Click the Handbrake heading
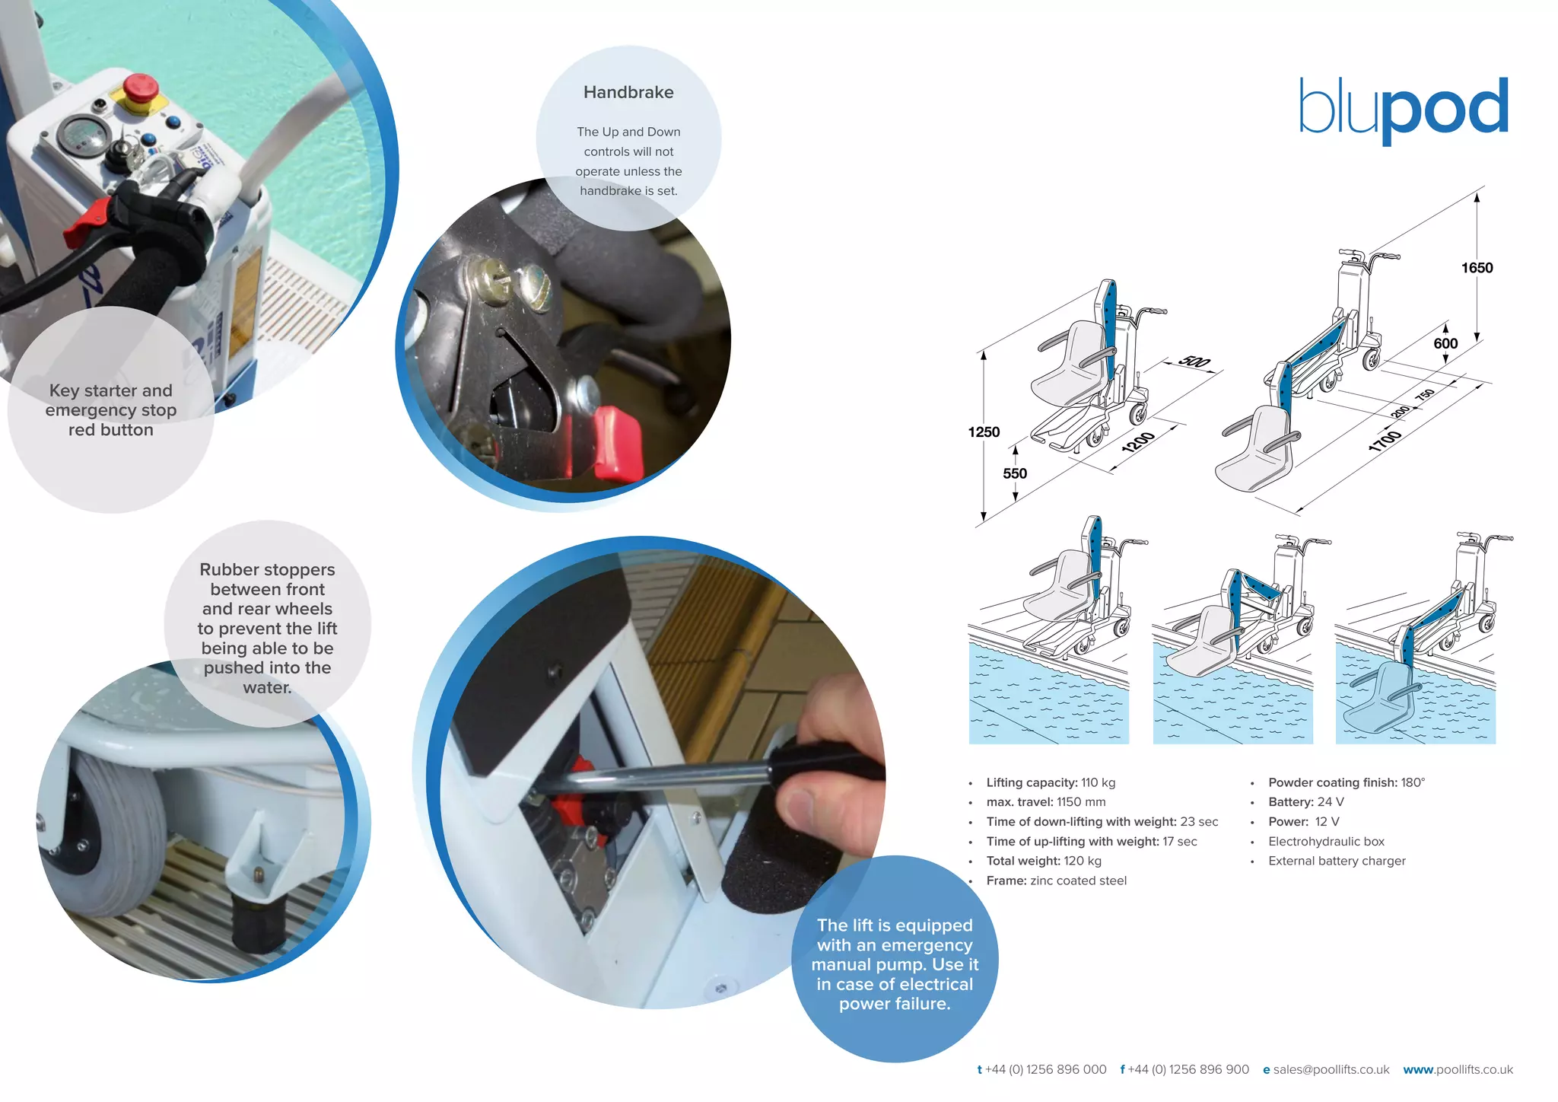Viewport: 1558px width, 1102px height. coord(628,93)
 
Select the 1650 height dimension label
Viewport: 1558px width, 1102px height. coord(1477,268)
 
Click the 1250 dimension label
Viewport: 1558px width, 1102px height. coord(984,432)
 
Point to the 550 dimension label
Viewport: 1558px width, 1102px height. coord(1015,473)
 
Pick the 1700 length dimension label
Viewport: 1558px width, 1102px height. coord(1385,441)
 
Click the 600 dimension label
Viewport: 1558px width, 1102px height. coord(1445,343)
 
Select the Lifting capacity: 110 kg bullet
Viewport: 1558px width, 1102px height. coord(1051,782)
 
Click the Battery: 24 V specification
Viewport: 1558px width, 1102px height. coord(1305,802)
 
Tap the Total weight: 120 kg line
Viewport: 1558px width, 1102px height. coord(1044,861)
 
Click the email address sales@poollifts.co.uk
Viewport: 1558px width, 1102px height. coord(1331,1069)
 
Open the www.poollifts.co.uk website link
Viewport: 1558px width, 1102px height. coord(1458,1069)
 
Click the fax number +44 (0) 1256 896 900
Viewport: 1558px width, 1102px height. coord(1188,1069)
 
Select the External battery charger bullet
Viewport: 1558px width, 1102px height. coord(1337,861)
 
